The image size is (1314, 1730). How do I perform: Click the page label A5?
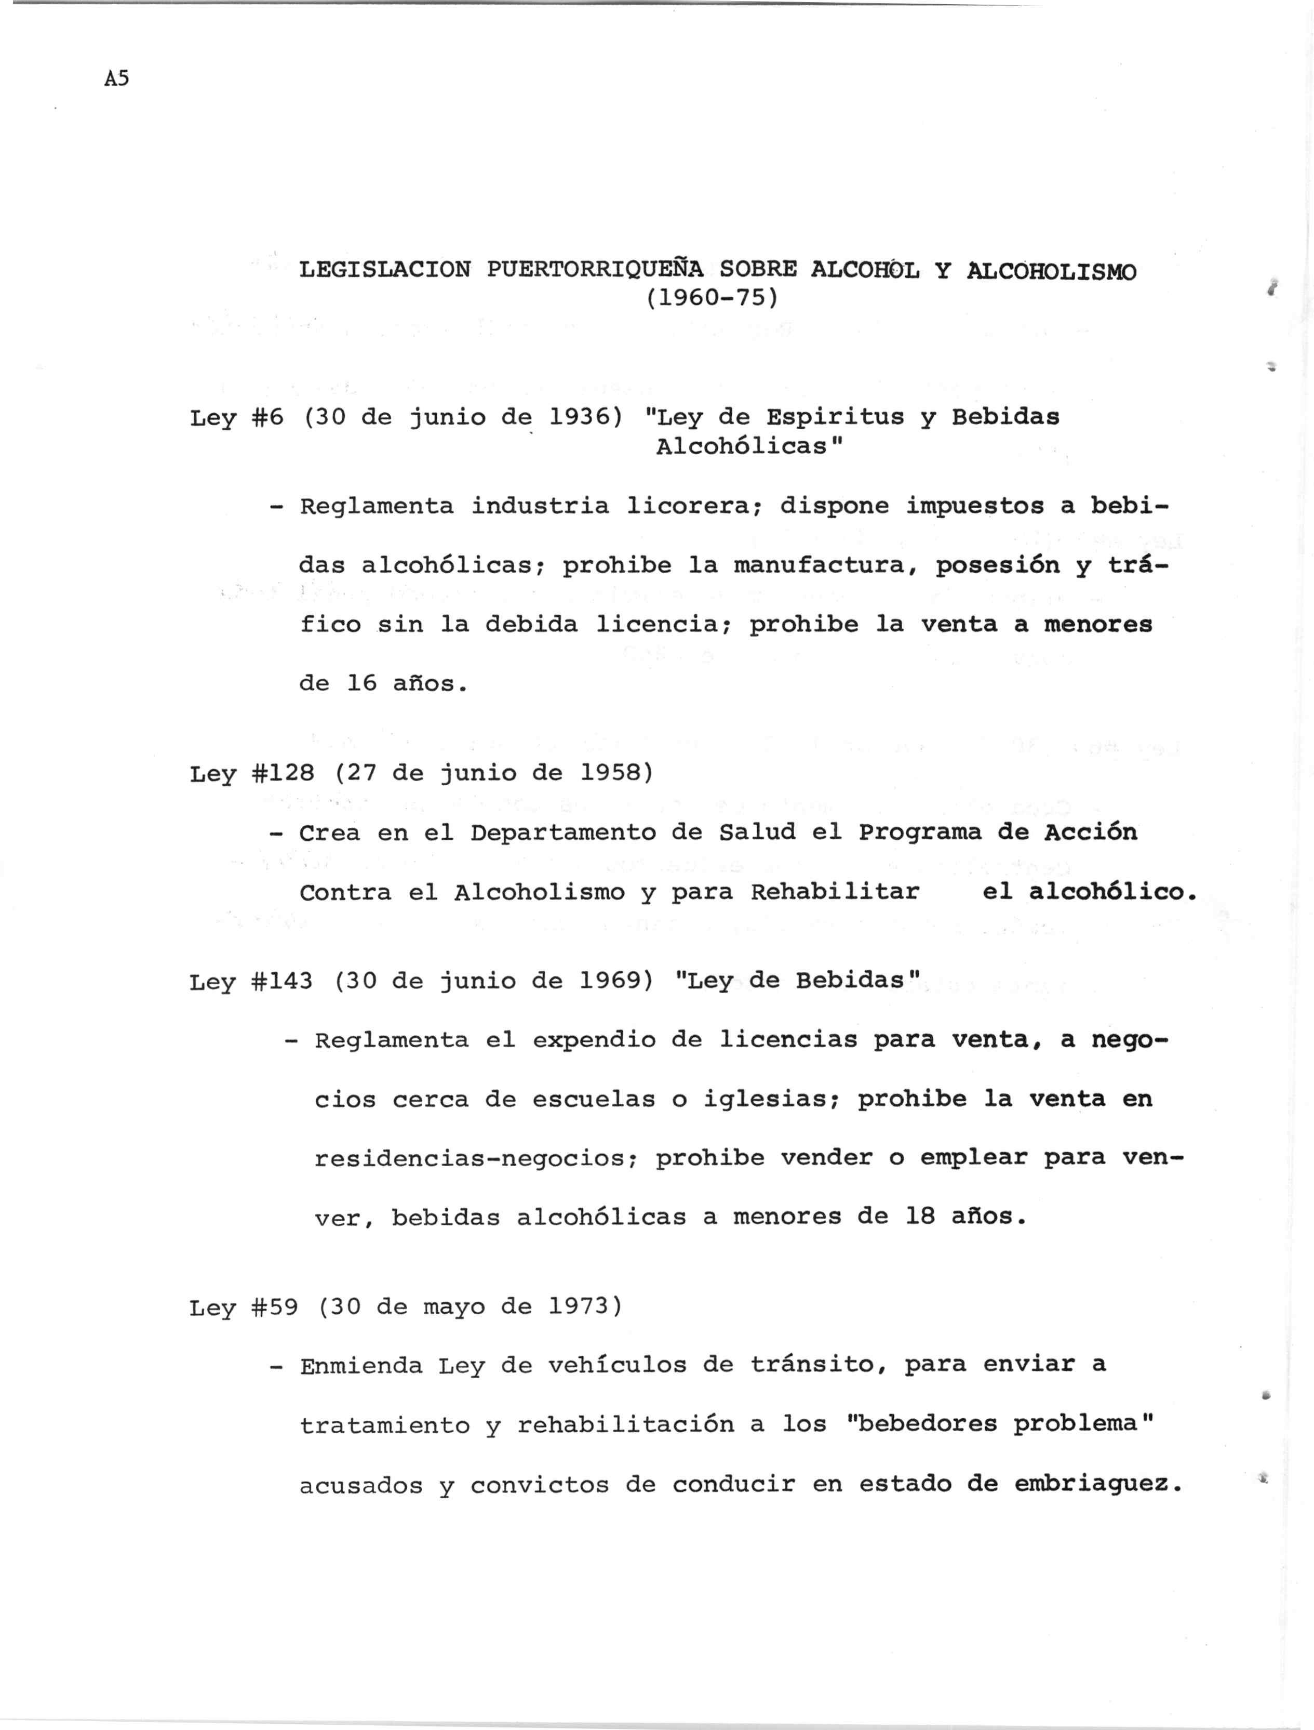click(x=116, y=78)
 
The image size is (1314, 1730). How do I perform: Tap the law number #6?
click(x=267, y=418)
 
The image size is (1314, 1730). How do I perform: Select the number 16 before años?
click(x=361, y=684)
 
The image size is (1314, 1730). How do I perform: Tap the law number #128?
click(x=283, y=773)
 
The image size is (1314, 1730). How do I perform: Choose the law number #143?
click(x=283, y=981)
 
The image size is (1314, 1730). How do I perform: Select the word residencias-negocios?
click(x=476, y=1158)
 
